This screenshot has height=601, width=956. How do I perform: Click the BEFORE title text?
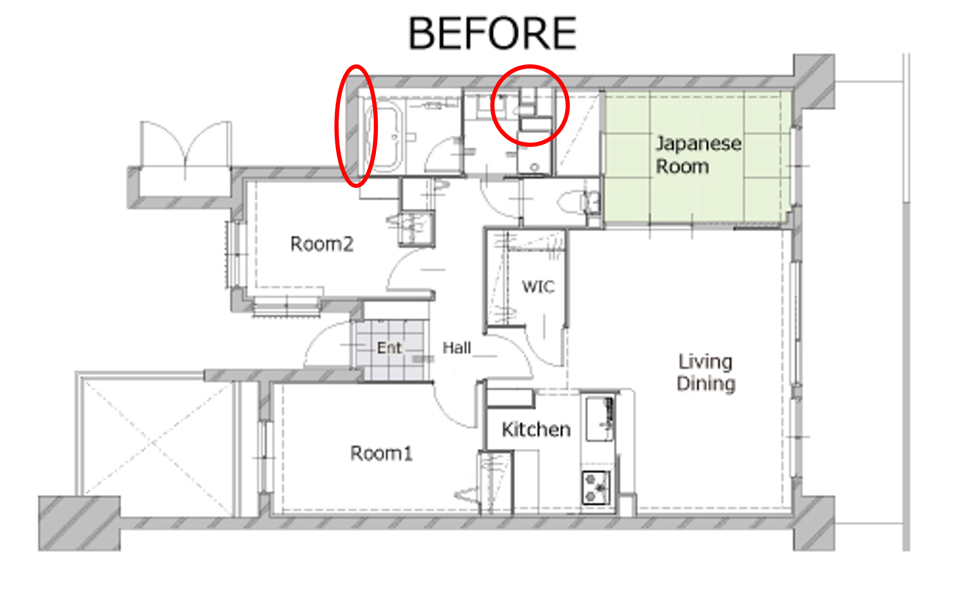(x=492, y=33)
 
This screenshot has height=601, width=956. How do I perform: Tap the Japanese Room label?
(x=698, y=155)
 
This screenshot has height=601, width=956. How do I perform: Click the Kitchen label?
(x=536, y=430)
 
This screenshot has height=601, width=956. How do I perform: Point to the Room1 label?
(x=381, y=453)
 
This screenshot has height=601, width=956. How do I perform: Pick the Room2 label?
(x=322, y=244)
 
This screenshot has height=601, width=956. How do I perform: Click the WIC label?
(x=538, y=287)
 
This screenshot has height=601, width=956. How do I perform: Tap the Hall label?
(x=457, y=348)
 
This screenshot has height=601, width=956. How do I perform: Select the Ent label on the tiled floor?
(x=389, y=348)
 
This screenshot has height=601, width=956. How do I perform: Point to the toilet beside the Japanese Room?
(x=578, y=202)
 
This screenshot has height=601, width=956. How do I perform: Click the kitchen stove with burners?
(x=596, y=487)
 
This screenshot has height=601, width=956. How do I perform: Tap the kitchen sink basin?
(x=599, y=419)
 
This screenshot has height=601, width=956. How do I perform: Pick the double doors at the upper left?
(x=186, y=145)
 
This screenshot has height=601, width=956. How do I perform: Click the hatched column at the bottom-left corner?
(x=80, y=523)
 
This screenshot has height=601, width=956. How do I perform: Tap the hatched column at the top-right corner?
(x=814, y=82)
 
